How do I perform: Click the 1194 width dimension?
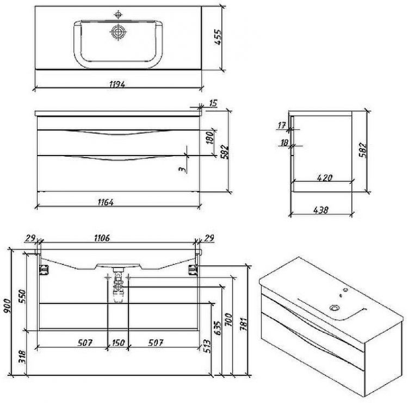[x=118, y=84]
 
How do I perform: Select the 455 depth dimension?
[x=218, y=37]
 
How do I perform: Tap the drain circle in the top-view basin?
[x=118, y=32]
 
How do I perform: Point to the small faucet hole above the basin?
[x=119, y=15]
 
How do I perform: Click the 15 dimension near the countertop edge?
[x=213, y=103]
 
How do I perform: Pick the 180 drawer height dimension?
[x=210, y=137]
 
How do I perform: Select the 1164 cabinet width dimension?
[x=106, y=202]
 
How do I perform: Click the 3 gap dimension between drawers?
[x=183, y=169]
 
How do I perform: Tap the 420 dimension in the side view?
[x=325, y=178]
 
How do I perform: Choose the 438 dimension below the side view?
[x=321, y=210]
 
